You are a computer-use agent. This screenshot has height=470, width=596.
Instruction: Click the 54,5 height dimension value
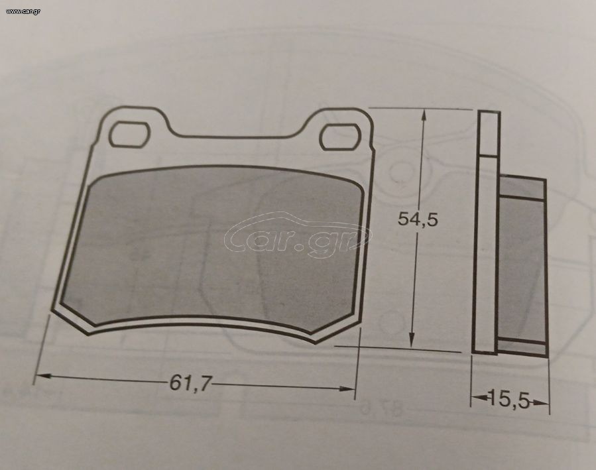(x=418, y=219)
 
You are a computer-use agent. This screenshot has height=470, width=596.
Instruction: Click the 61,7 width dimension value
(x=190, y=382)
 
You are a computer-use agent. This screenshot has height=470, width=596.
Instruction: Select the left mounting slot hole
(x=129, y=134)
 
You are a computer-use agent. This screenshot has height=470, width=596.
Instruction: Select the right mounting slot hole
(x=341, y=137)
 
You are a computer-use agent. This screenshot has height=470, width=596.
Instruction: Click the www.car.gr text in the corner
(x=23, y=11)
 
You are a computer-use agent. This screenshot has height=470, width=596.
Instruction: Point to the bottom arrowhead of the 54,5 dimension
(x=412, y=339)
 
